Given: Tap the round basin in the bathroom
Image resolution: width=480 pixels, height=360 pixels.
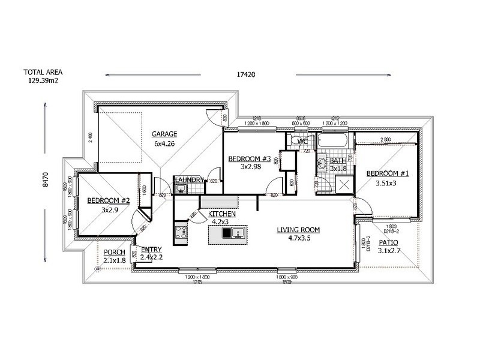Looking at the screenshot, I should (x=322, y=162).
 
